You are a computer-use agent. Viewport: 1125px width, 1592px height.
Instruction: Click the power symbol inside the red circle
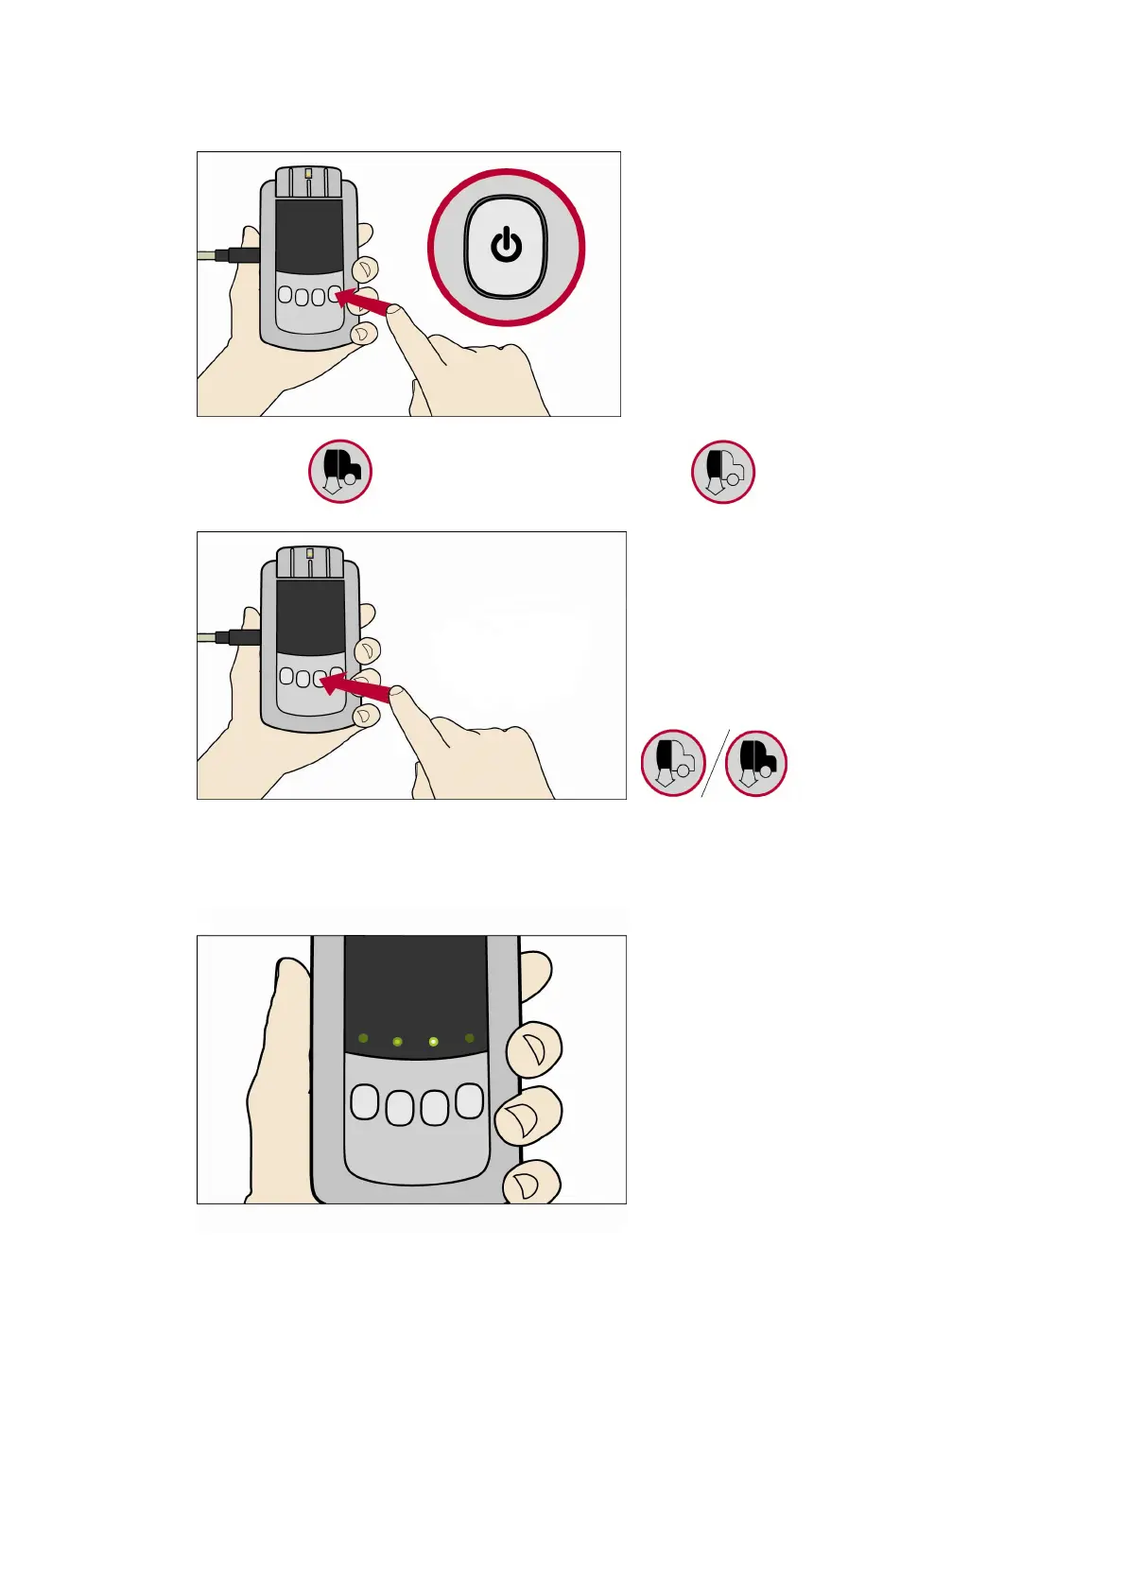tap(507, 245)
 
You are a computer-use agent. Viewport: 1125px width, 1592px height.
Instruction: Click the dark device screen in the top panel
tap(309, 236)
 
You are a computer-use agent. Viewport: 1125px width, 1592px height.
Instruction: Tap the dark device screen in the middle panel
tap(310, 616)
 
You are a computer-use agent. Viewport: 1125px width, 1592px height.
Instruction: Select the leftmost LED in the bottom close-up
tap(363, 1038)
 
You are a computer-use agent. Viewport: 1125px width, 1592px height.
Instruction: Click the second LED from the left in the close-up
tap(397, 1042)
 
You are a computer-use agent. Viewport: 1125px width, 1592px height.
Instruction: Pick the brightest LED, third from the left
tap(433, 1042)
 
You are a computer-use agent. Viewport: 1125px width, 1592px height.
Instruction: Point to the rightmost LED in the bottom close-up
tap(470, 1038)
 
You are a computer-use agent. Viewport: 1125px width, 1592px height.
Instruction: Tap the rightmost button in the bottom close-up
tap(470, 1100)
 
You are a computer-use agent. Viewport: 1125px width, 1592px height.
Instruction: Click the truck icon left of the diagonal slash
tap(672, 763)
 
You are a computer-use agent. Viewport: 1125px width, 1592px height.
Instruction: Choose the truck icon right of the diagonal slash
tap(756, 763)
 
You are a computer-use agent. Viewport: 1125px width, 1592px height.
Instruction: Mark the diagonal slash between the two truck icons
tap(715, 763)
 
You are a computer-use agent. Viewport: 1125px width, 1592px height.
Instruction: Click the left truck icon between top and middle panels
tap(340, 471)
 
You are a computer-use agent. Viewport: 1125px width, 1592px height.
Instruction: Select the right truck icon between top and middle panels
tap(723, 471)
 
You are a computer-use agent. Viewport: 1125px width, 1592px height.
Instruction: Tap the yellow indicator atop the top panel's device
tap(308, 173)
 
